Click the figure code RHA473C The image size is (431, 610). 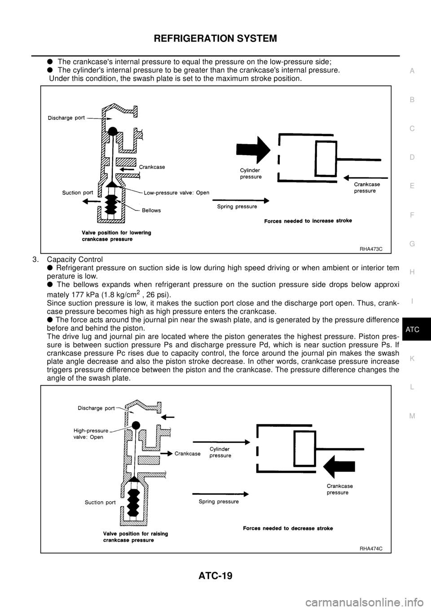click(370, 248)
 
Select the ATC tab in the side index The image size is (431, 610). click(412, 330)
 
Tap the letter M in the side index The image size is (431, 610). click(412, 416)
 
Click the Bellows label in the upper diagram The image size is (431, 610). click(151, 210)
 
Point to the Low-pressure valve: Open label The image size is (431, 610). click(176, 193)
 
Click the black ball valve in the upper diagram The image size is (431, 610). click(113, 131)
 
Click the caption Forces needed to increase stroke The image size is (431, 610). click(308, 221)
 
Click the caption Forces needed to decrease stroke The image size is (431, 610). click(288, 528)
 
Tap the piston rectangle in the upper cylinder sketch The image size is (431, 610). click(325, 158)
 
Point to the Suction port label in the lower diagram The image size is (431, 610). click(100, 503)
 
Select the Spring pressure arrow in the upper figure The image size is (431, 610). click(240, 200)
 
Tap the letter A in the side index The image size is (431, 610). click(412, 71)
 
